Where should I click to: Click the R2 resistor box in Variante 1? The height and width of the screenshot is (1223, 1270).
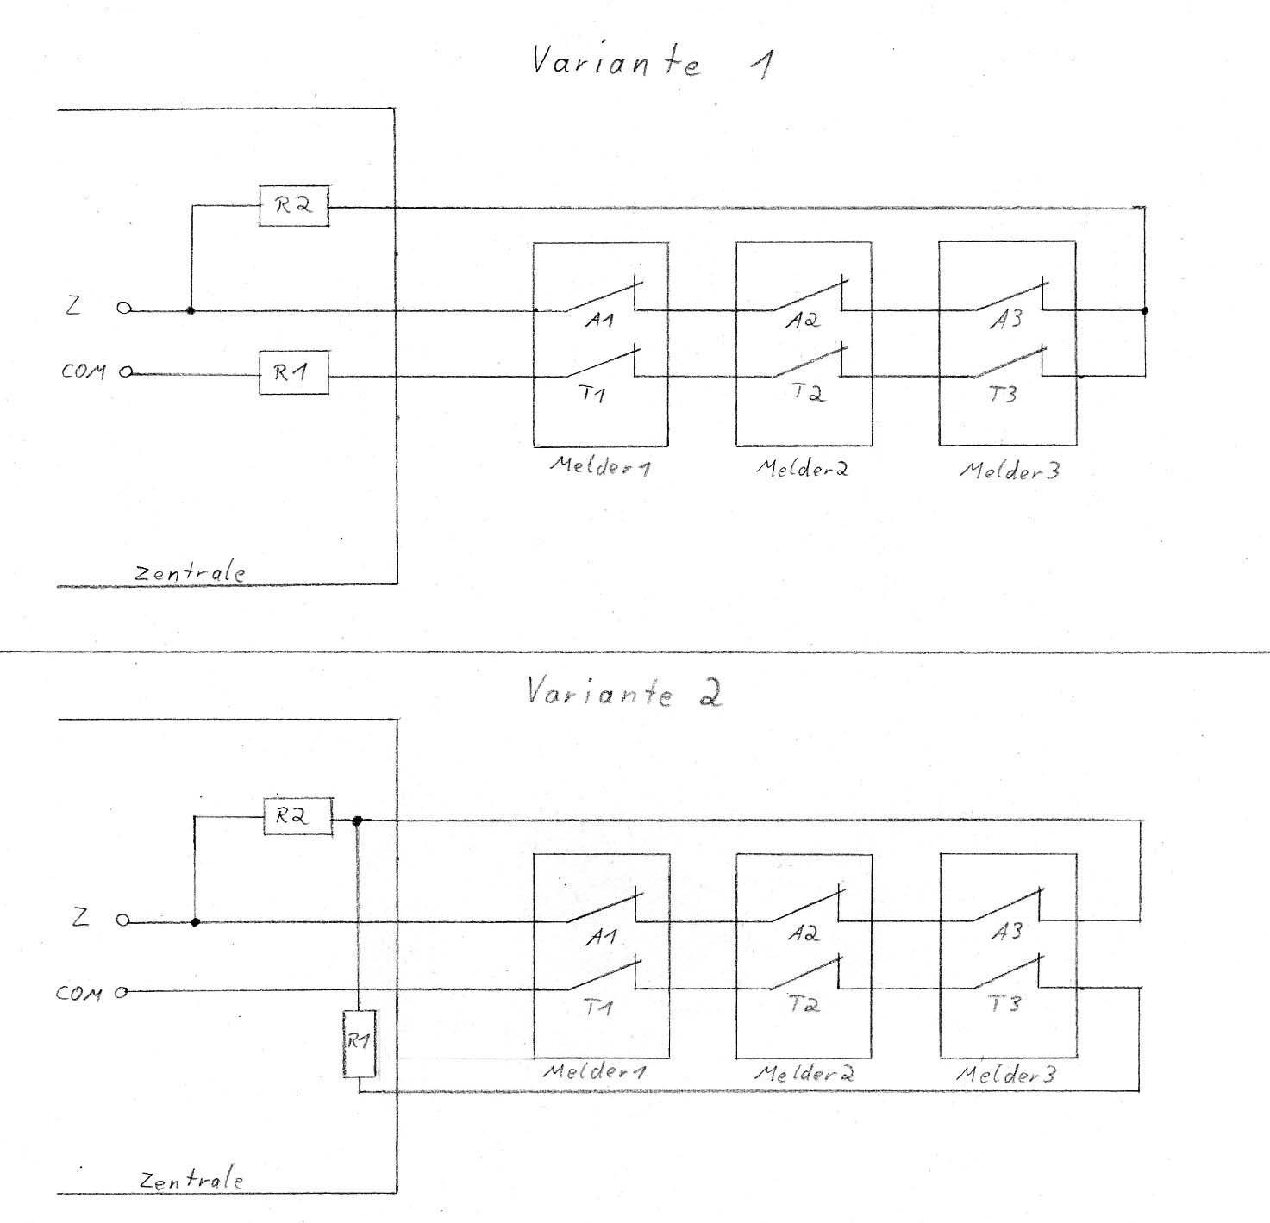tap(294, 207)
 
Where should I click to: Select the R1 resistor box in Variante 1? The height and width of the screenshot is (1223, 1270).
tap(293, 375)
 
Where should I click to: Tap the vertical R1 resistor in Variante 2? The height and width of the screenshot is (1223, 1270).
tap(359, 1043)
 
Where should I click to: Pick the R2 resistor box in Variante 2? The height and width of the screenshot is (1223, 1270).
tap(297, 816)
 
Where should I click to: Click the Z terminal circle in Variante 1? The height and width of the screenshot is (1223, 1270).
tap(124, 309)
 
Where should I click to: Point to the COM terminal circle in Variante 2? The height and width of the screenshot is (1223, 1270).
tap(122, 992)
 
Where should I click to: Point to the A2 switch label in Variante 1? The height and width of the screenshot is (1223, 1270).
tap(802, 320)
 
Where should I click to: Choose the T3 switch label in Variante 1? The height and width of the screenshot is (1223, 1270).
tap(1003, 394)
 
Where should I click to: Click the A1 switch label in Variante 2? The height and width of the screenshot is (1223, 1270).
tap(600, 937)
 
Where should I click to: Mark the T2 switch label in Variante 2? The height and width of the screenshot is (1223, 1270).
tap(803, 1004)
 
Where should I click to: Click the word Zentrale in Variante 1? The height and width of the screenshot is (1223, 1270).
tap(190, 573)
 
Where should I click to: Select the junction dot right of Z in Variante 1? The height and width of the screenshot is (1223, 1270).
tap(191, 309)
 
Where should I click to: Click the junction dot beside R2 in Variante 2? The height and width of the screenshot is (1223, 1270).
tap(358, 821)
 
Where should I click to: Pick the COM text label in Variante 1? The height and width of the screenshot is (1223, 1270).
tap(83, 372)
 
